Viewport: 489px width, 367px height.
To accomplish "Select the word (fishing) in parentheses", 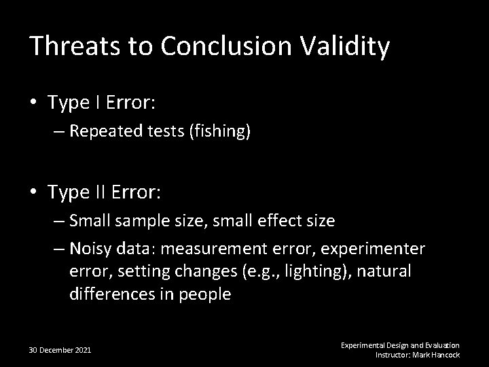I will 220,131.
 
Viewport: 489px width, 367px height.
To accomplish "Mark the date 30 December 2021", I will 60,350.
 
